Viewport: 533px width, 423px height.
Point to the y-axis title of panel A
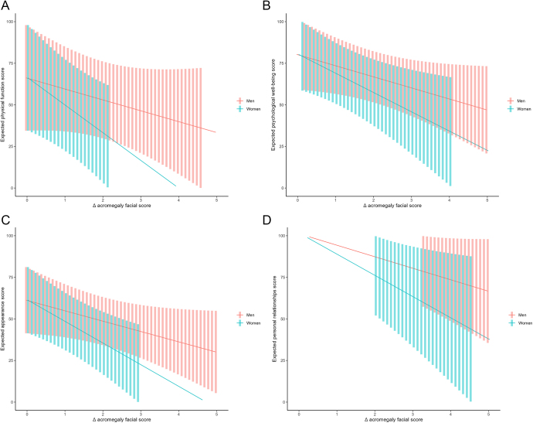click(5, 104)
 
